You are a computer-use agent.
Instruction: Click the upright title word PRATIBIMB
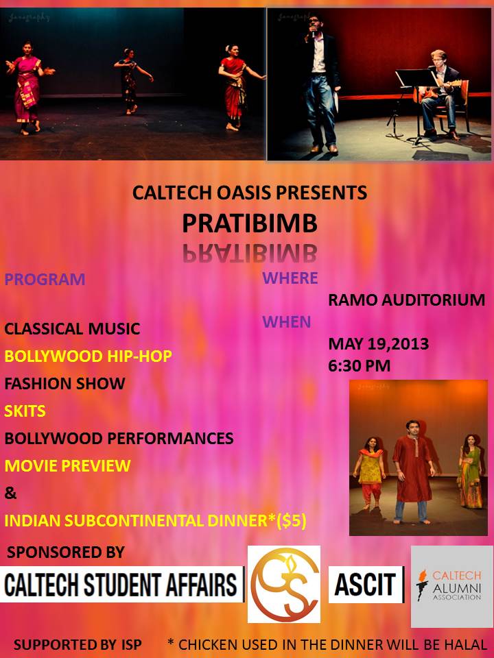(x=250, y=223)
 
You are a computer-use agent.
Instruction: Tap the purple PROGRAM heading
(x=45, y=279)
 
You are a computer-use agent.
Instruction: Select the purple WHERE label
(x=290, y=278)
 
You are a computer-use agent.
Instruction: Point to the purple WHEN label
(x=287, y=322)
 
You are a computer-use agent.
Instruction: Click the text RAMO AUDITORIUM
(x=407, y=300)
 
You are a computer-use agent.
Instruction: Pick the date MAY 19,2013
(x=379, y=343)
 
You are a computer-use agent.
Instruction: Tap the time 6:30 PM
(x=359, y=365)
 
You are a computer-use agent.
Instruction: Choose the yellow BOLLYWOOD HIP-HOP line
(x=89, y=356)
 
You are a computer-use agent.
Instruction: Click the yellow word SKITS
(x=25, y=411)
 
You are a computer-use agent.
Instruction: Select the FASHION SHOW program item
(x=64, y=384)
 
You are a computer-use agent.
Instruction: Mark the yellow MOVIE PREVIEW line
(x=68, y=465)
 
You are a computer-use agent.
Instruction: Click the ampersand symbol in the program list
(x=10, y=493)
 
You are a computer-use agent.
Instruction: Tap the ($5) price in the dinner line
(x=292, y=521)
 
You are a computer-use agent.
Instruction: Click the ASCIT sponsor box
(x=366, y=585)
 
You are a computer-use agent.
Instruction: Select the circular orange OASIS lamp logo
(x=284, y=584)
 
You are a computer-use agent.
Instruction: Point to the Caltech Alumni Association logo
(x=452, y=586)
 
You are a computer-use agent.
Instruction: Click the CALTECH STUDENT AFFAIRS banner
(x=122, y=585)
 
